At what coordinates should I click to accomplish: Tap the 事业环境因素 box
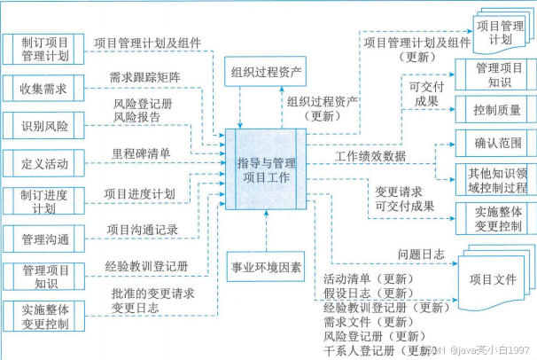266,265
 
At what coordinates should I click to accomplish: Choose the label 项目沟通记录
142,229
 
